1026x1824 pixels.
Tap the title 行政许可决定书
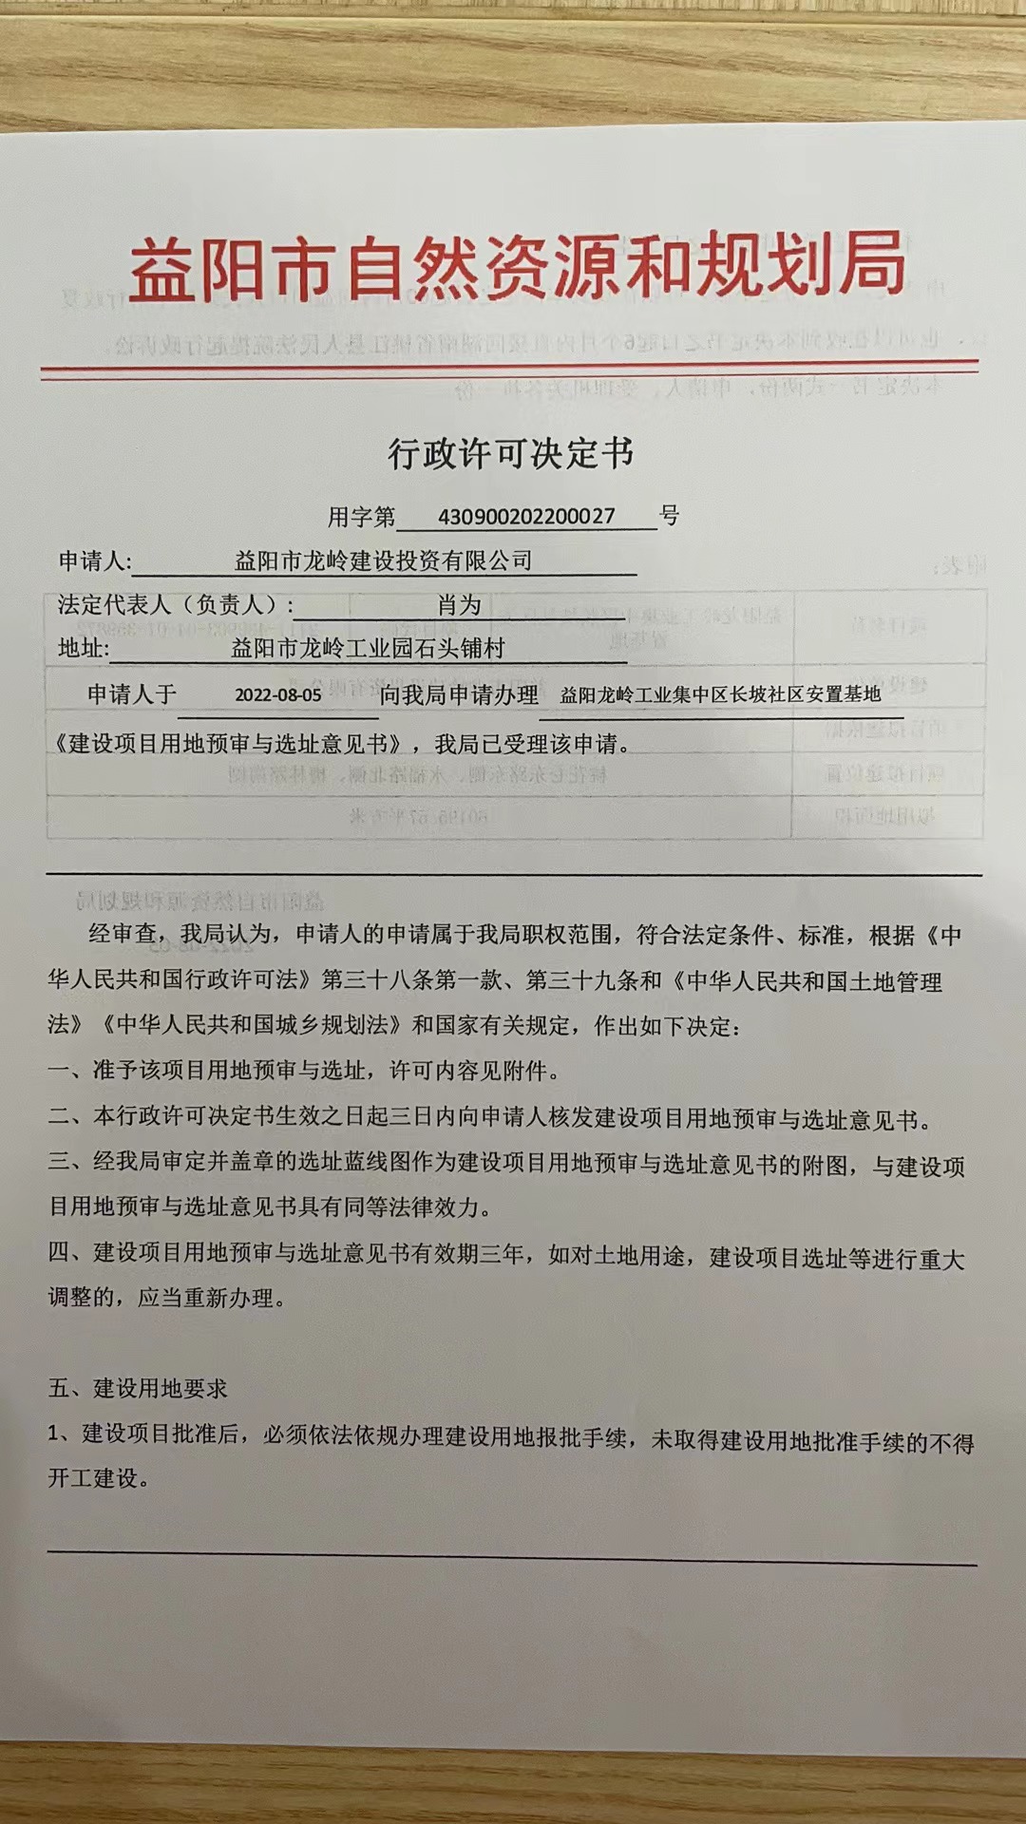pyautogui.click(x=510, y=454)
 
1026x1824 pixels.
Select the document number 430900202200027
pyautogui.click(x=526, y=517)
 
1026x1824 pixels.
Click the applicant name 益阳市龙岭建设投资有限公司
pyautogui.click(x=383, y=560)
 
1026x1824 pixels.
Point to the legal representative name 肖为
pyautogui.click(x=460, y=605)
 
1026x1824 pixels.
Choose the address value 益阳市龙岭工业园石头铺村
pyautogui.click(x=368, y=649)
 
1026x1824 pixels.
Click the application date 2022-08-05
pyautogui.click(x=278, y=694)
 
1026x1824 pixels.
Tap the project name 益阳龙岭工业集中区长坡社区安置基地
pyautogui.click(x=720, y=694)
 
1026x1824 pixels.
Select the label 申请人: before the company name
pyautogui.click(x=95, y=560)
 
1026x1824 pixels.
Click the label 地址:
pyautogui.click(x=84, y=649)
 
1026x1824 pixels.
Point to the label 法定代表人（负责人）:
pyautogui.click(x=176, y=605)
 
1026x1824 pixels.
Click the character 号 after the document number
pyautogui.click(x=670, y=516)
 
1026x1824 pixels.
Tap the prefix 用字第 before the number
pyautogui.click(x=361, y=517)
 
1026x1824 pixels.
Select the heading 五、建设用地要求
pyautogui.click(x=138, y=1388)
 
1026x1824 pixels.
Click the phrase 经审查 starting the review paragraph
pyautogui.click(x=123, y=934)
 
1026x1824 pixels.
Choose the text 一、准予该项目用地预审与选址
pyautogui.click(x=207, y=1071)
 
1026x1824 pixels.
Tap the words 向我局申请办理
pyautogui.click(x=459, y=694)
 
